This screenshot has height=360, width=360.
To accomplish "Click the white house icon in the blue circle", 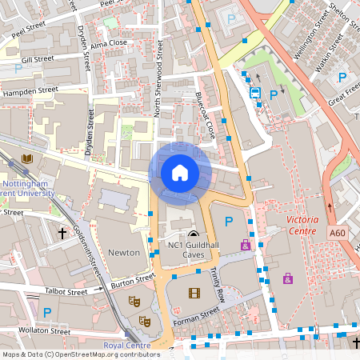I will [180, 172].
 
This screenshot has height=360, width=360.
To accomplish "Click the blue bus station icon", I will [255, 93].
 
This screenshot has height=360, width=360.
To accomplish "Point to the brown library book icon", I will [27, 160].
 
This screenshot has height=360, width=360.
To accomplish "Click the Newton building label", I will [125, 252].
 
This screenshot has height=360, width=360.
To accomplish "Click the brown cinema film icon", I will [193, 293].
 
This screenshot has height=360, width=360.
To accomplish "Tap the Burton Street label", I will [133, 280].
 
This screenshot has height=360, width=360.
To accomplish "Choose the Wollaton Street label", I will [37, 330].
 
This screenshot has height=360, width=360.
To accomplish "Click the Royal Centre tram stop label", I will [126, 346].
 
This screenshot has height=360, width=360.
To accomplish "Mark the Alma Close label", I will [108, 44].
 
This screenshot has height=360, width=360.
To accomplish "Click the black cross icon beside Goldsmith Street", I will [62, 234].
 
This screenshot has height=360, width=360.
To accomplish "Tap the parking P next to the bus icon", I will [274, 94].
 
